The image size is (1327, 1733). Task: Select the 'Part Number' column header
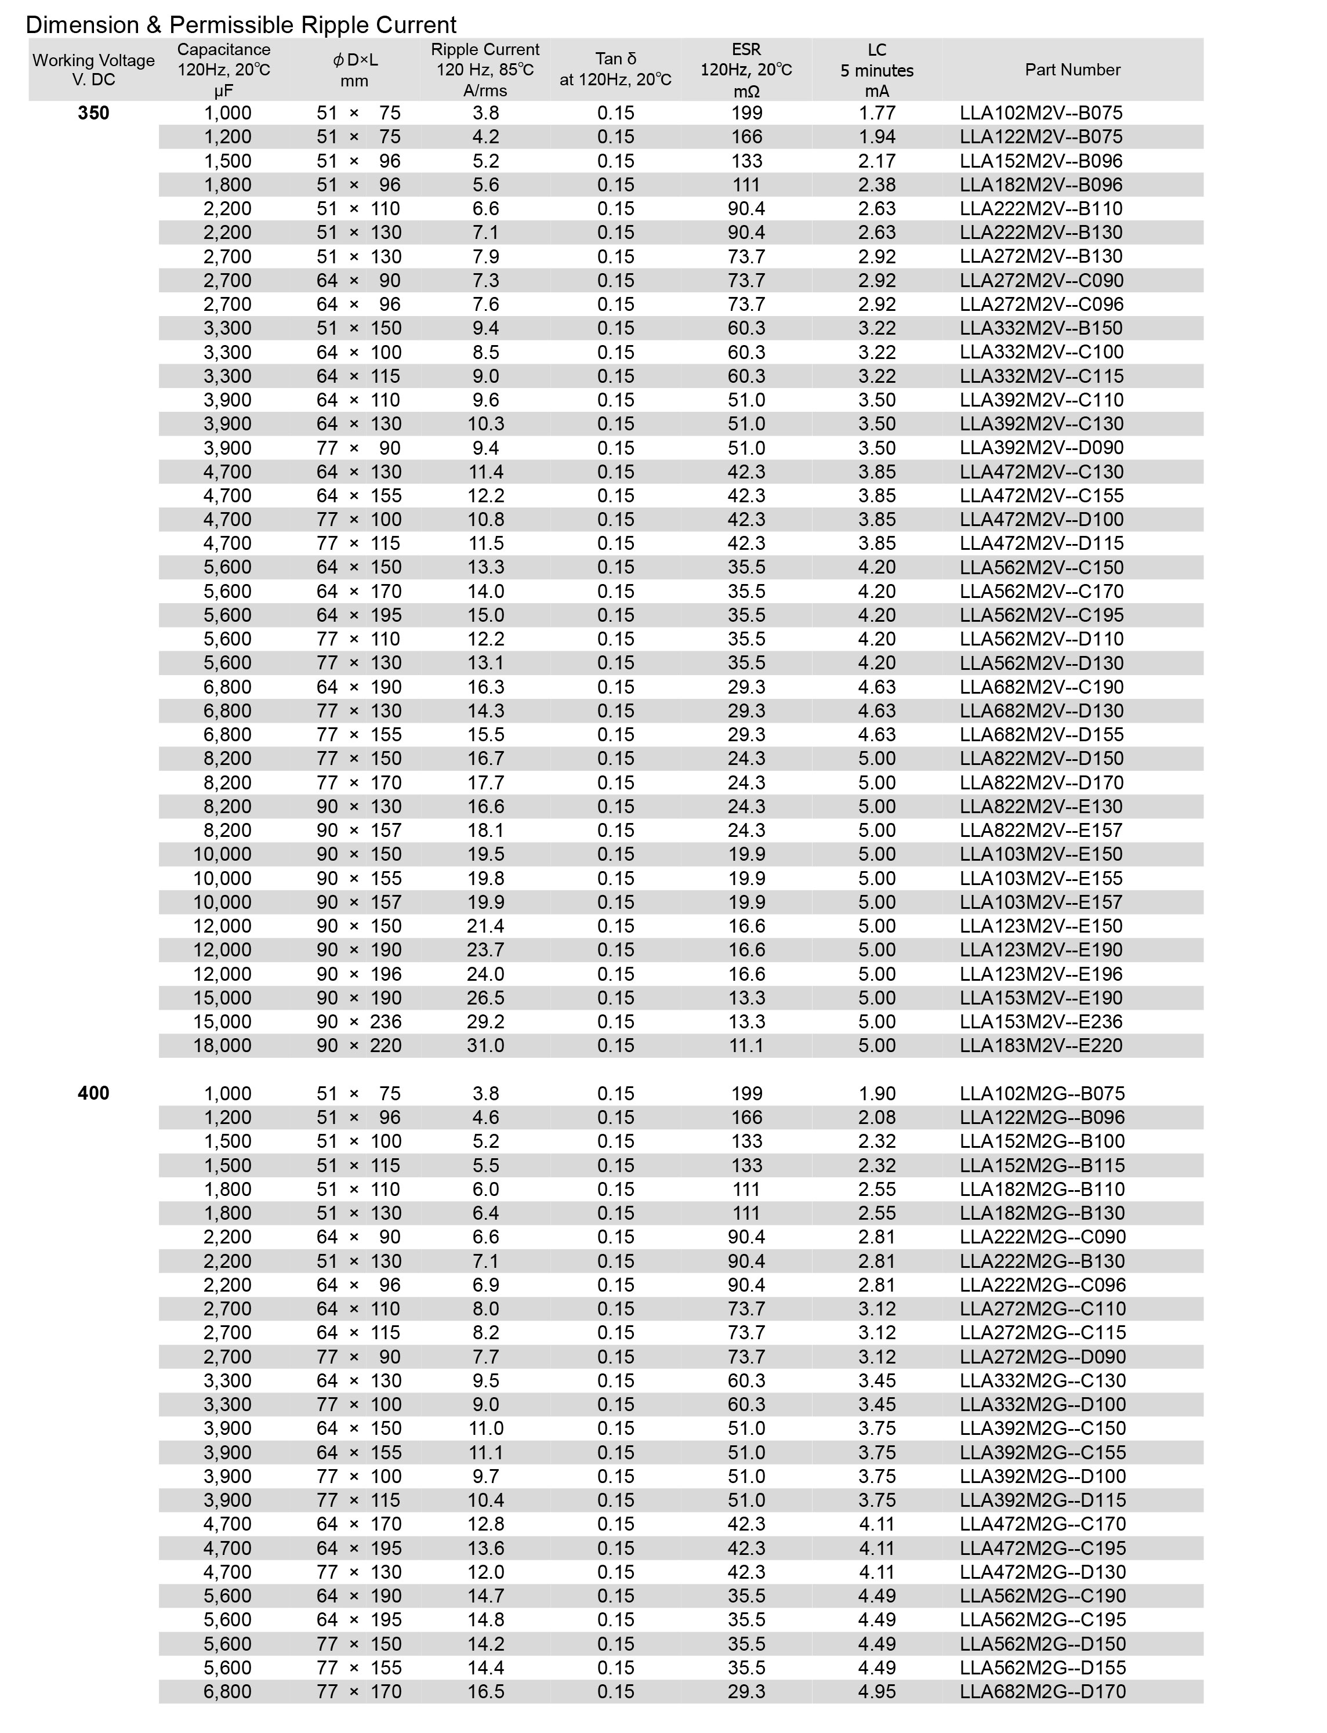(x=1072, y=70)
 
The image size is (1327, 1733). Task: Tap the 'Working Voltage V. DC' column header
(x=93, y=70)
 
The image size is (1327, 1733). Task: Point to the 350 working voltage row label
(x=93, y=113)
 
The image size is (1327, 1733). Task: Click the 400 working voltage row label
(x=93, y=1093)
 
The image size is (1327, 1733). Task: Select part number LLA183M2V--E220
(x=1041, y=1045)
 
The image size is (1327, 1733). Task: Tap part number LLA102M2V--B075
(x=1041, y=113)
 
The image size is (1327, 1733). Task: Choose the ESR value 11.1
(x=746, y=1045)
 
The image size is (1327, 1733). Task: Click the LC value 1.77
(x=877, y=113)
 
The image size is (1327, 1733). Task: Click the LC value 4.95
(x=877, y=1691)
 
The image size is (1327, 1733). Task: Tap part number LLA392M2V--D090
(x=1041, y=448)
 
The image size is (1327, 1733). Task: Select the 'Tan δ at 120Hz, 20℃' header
(x=615, y=70)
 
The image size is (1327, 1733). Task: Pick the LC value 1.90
(x=877, y=1093)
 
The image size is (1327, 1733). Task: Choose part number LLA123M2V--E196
(x=1041, y=974)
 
